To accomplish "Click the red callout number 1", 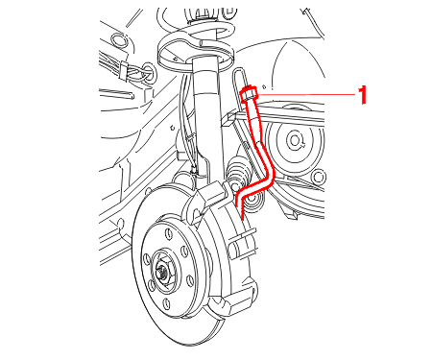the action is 362,94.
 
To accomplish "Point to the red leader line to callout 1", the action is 306,95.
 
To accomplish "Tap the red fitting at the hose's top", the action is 249,94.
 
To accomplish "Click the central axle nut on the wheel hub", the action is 163,272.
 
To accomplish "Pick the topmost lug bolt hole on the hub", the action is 167,233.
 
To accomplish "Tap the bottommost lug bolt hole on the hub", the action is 167,303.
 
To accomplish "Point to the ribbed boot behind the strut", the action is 237,170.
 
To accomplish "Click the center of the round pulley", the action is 295,140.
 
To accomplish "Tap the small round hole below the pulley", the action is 318,177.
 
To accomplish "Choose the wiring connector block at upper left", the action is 123,71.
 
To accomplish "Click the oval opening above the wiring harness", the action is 118,39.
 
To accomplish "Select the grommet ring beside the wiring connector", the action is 149,73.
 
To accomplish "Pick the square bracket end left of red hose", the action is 228,120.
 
